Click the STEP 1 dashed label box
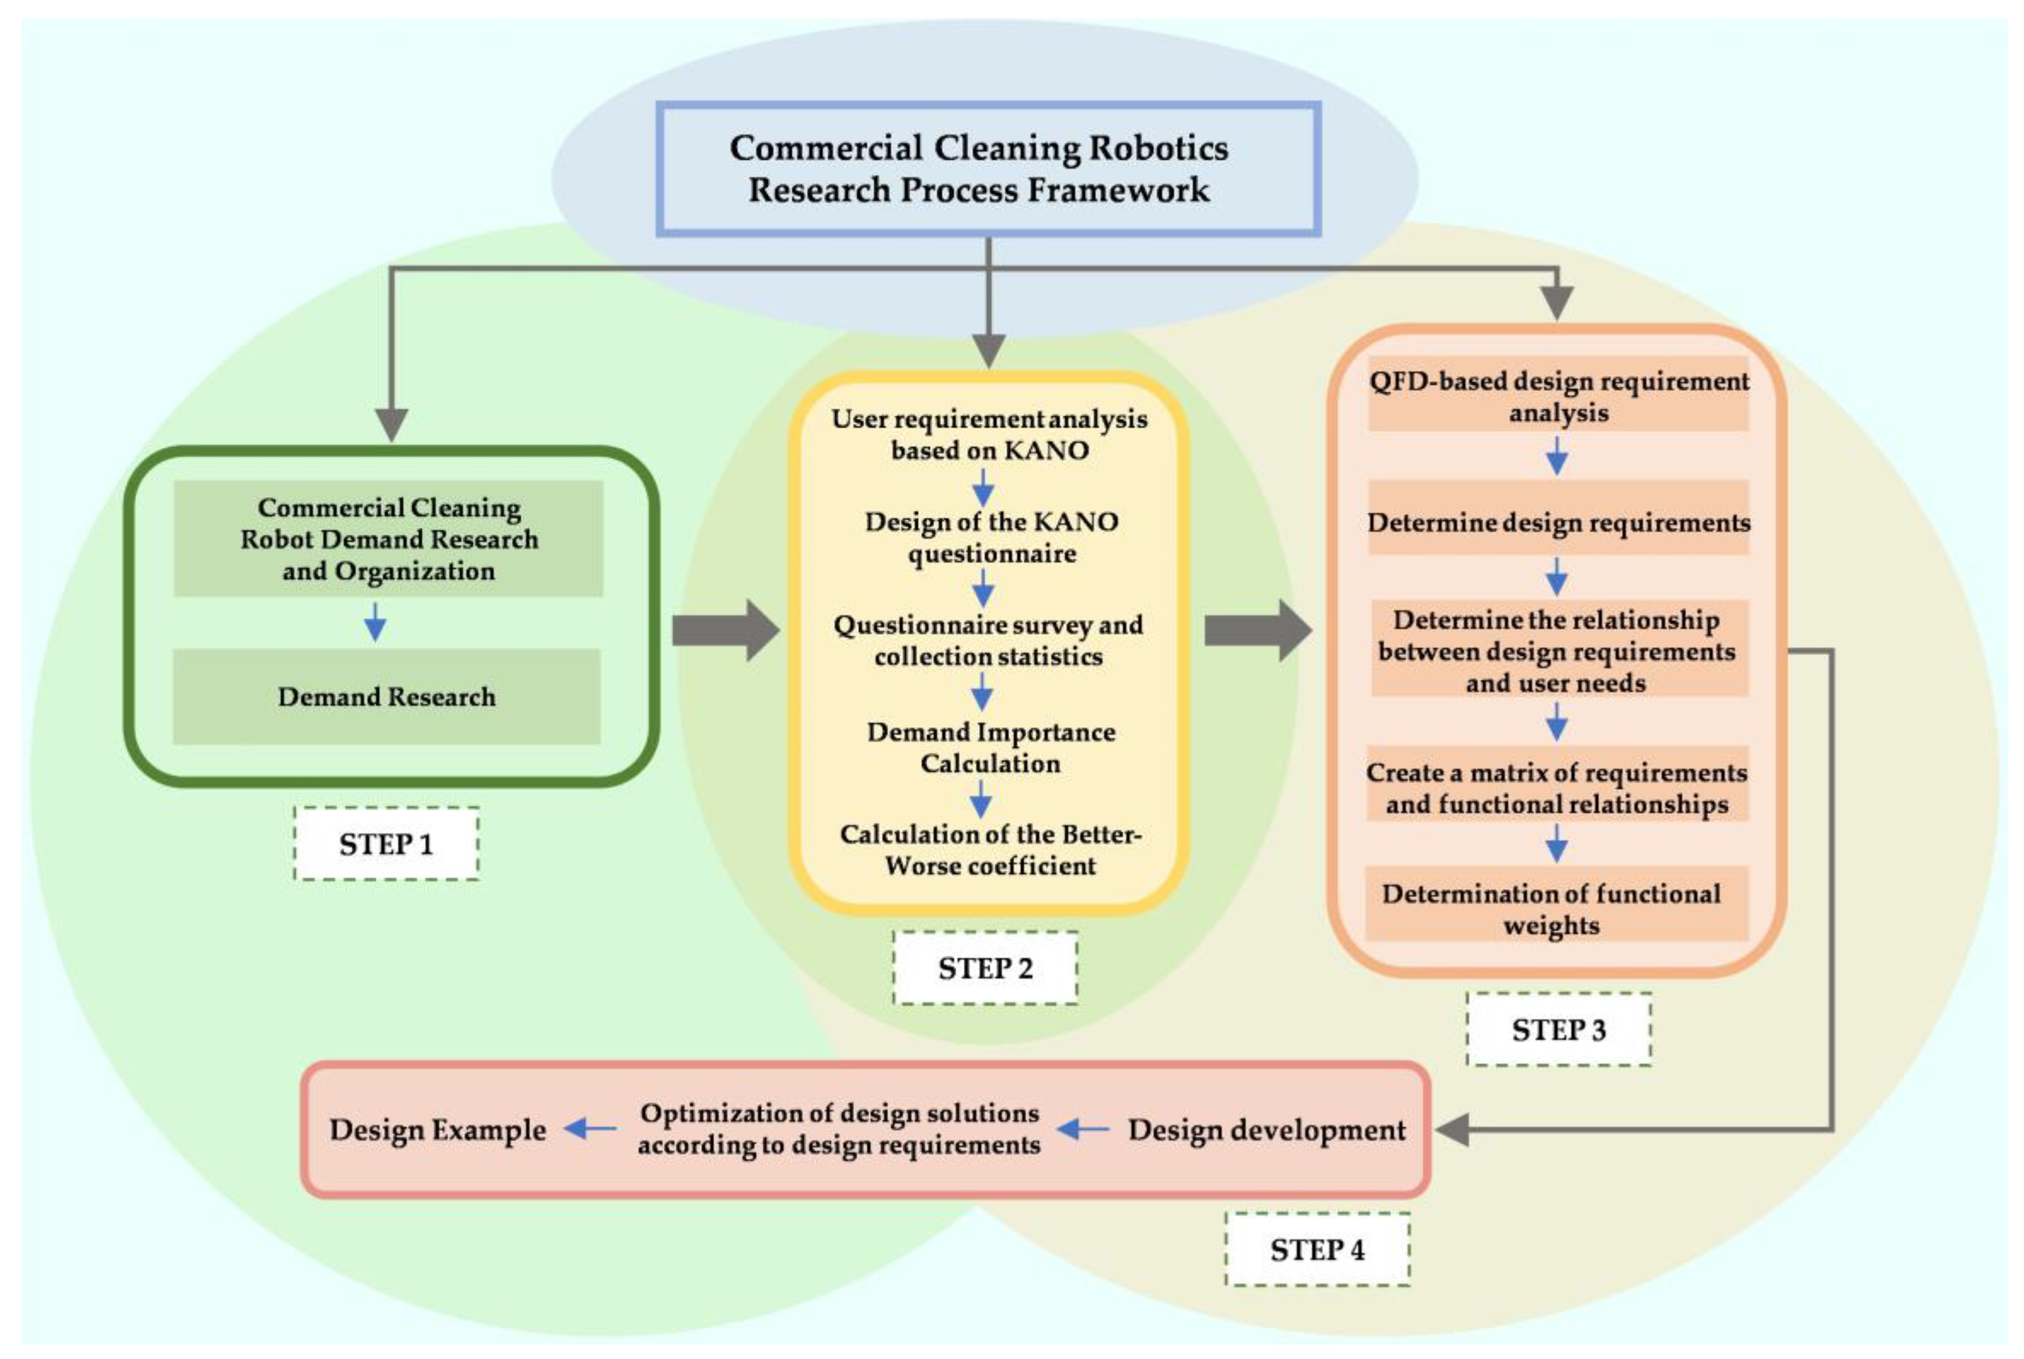click(386, 843)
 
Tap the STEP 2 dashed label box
click(985, 967)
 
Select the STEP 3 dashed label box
click(1559, 1029)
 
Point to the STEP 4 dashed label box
click(1317, 1249)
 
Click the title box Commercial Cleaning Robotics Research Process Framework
click(988, 169)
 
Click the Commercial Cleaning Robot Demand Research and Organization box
click(388, 538)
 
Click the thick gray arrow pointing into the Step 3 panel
click(1257, 631)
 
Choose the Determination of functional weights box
click(1556, 908)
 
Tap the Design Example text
click(438, 1129)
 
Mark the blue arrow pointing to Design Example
click(590, 1128)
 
